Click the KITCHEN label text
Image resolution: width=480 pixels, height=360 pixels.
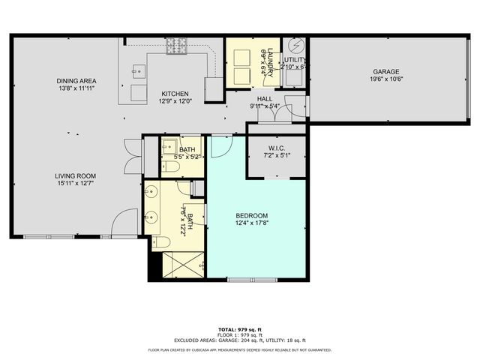coord(176,94)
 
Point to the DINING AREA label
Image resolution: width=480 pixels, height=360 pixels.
coord(76,80)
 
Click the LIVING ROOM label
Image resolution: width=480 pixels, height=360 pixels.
coord(76,176)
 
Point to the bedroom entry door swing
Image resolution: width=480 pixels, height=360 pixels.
coord(220,146)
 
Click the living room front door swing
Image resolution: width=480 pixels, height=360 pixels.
coord(124,223)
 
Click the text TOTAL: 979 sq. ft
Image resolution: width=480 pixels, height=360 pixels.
coord(240,329)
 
